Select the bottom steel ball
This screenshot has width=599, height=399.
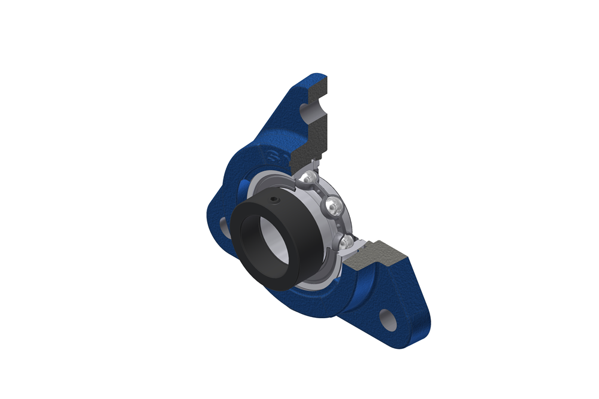pos(346,241)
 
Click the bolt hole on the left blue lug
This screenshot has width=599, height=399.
pos(223,224)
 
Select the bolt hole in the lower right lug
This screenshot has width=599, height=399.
pos(388,316)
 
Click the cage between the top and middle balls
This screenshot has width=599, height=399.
pos(320,192)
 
